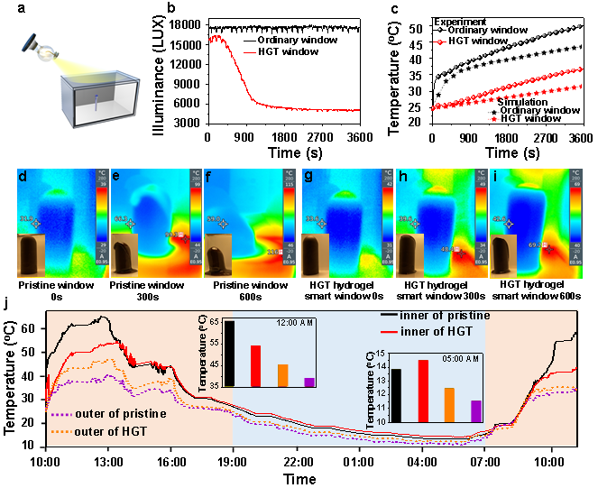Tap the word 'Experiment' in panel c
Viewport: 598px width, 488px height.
[435, 20]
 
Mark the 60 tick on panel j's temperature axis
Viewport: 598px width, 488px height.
[31, 329]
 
